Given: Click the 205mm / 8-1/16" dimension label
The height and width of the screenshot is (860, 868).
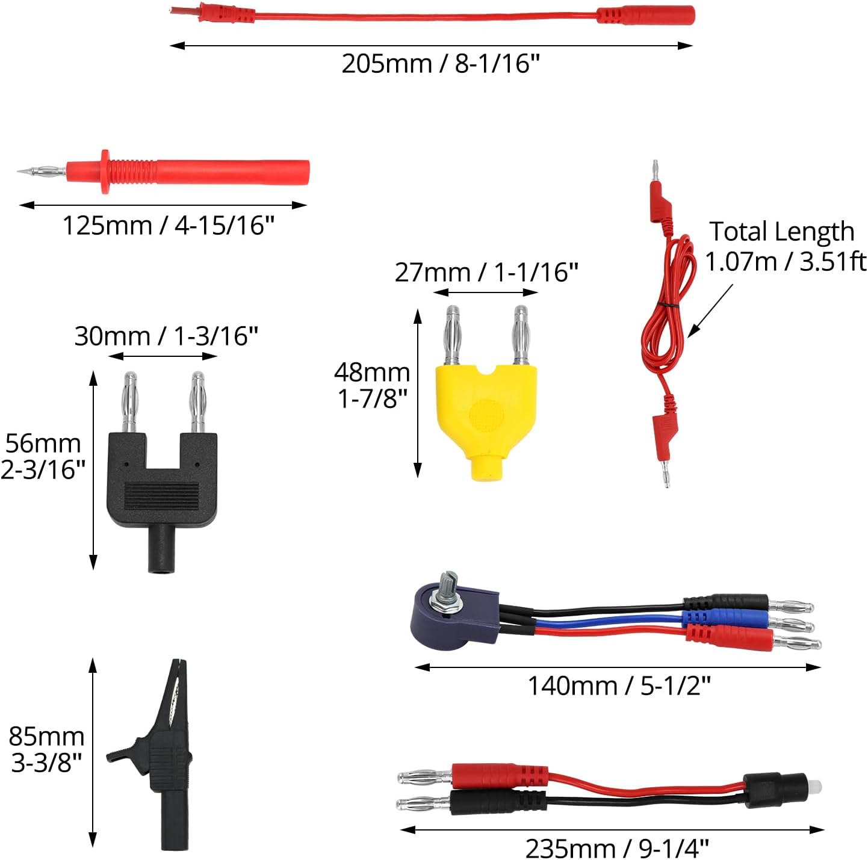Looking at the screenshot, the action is [x=440, y=64].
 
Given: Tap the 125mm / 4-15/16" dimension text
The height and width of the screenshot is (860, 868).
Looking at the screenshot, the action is [x=168, y=225].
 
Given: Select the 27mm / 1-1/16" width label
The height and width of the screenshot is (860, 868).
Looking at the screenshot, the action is [x=486, y=272].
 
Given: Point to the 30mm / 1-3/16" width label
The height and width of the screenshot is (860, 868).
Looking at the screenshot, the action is [x=166, y=336].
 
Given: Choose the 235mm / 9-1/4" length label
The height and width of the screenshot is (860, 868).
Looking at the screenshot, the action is [x=616, y=849].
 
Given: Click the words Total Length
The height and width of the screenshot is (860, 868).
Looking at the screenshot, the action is [x=781, y=232].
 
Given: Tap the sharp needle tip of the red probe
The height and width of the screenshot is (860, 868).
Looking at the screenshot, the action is [x=19, y=171].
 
